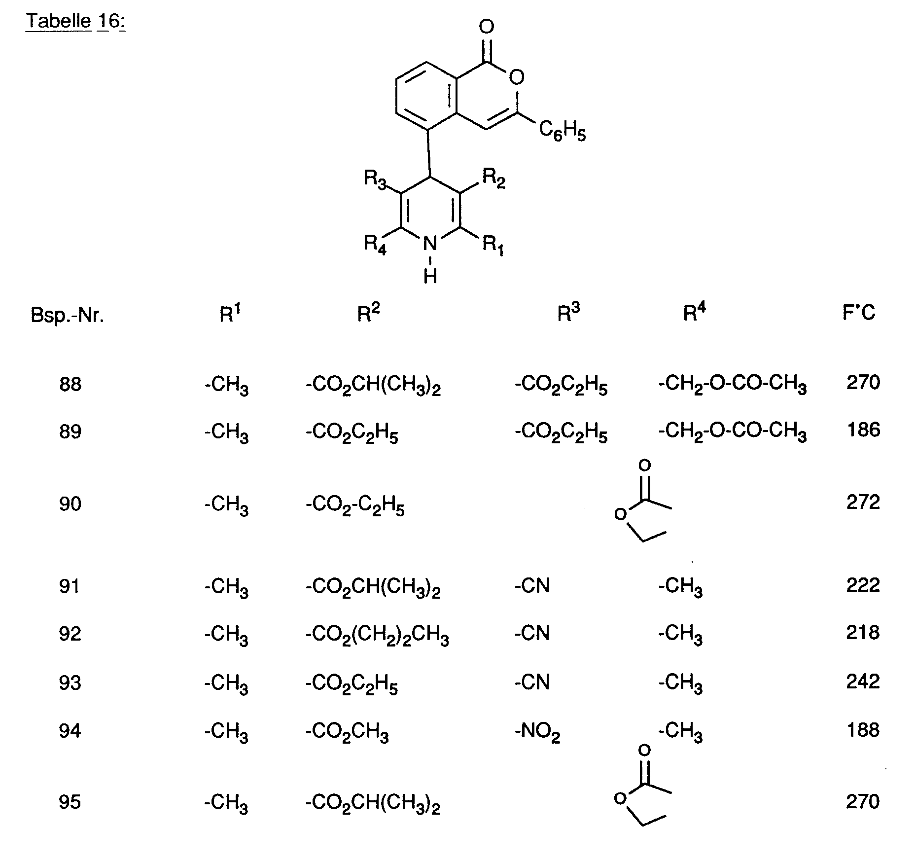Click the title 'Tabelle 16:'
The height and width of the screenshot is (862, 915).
pos(75,21)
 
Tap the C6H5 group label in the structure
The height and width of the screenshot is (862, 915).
pos(563,131)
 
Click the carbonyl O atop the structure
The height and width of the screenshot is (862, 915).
pos(487,26)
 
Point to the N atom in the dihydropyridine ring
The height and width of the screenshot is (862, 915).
pos(430,243)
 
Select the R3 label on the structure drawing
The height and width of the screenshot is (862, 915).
pos(376,179)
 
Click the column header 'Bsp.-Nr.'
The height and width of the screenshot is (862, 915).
pos(68,315)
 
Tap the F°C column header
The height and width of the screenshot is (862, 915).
pos(859,313)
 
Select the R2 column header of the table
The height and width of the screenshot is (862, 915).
pos(369,313)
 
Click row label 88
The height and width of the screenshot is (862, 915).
pos(70,384)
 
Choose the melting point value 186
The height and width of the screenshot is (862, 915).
pos(863,431)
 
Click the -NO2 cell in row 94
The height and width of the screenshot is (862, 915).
pos(537,732)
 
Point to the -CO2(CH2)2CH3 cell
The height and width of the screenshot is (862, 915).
pos(378,635)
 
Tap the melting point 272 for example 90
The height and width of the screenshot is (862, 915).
pos(863,503)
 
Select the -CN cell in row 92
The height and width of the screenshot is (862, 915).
pos(532,633)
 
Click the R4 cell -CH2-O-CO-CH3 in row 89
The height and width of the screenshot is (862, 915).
pos(733,431)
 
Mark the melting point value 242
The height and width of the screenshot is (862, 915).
pos(863,682)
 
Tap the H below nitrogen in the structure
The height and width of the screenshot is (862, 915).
pos(430,277)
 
